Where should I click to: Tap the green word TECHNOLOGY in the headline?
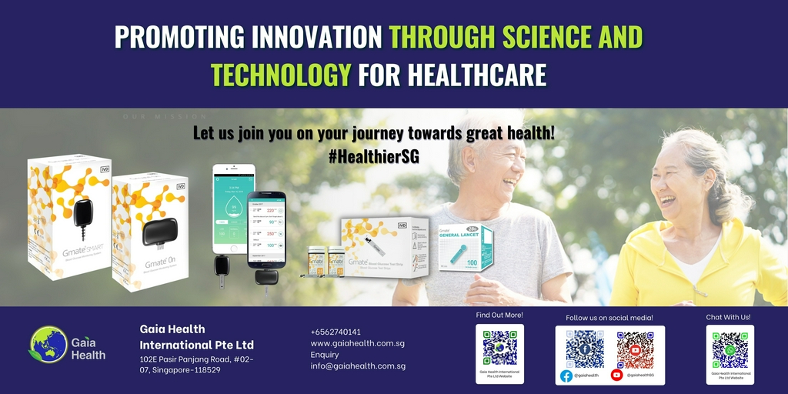coord(281,75)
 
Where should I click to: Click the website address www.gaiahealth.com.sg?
coord(357,343)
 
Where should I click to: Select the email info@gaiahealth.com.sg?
coord(358,366)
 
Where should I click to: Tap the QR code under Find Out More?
coord(499,347)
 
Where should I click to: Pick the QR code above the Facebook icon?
coord(585,349)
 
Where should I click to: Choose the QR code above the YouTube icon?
coord(635,349)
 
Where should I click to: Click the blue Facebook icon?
coord(566,376)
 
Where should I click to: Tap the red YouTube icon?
coord(616,376)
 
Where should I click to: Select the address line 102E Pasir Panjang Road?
coord(197,359)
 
